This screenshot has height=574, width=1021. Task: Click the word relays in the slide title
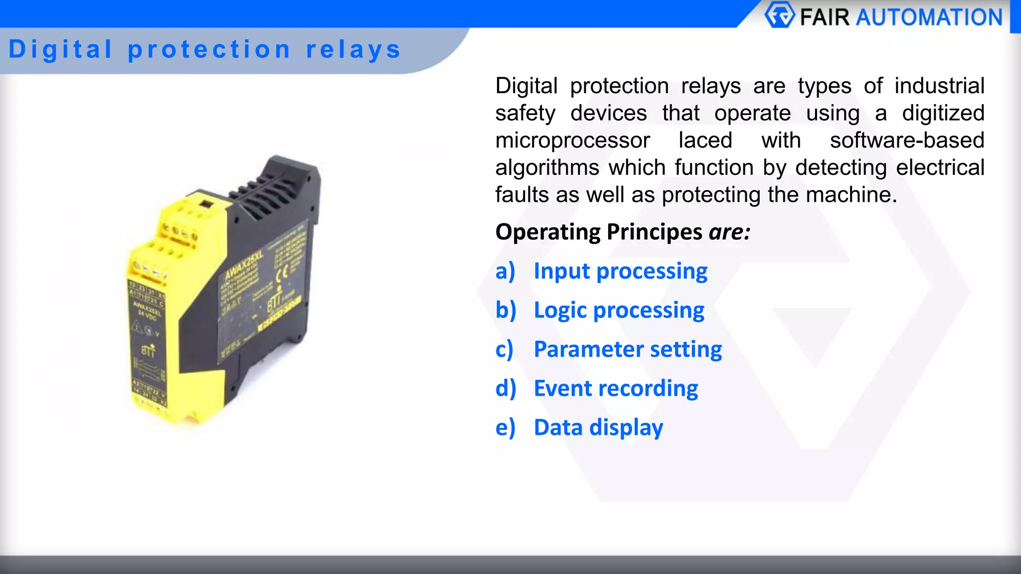(353, 50)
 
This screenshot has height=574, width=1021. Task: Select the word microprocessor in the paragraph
(572, 141)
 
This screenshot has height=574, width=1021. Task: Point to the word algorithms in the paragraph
(547, 167)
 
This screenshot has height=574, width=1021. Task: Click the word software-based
(907, 141)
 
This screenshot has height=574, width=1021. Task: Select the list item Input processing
(620, 272)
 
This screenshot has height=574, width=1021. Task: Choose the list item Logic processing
(619, 310)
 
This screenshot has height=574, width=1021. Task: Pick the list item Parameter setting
(628, 349)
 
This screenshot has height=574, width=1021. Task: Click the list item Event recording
(616, 389)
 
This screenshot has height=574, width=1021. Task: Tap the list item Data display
(598, 428)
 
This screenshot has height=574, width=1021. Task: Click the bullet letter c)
(504, 349)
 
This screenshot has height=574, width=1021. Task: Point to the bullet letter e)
(505, 428)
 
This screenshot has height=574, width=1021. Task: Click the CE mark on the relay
(282, 273)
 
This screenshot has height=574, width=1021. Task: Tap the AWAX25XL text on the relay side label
(244, 266)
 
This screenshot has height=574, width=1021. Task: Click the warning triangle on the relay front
(137, 326)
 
